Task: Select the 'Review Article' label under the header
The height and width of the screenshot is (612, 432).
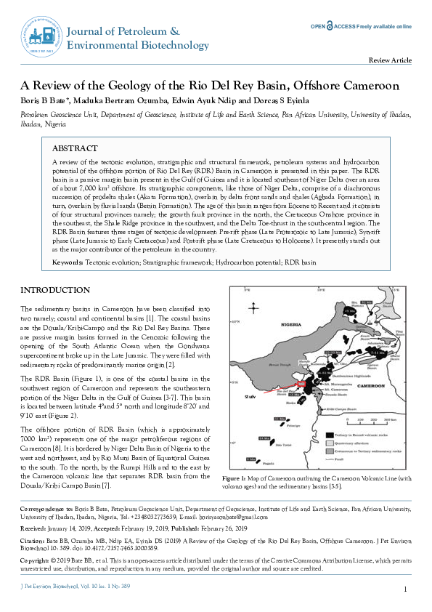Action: pos(391,61)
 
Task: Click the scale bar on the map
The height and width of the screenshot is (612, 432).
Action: pos(363,419)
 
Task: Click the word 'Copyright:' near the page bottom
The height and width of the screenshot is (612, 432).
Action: pos(36,561)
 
